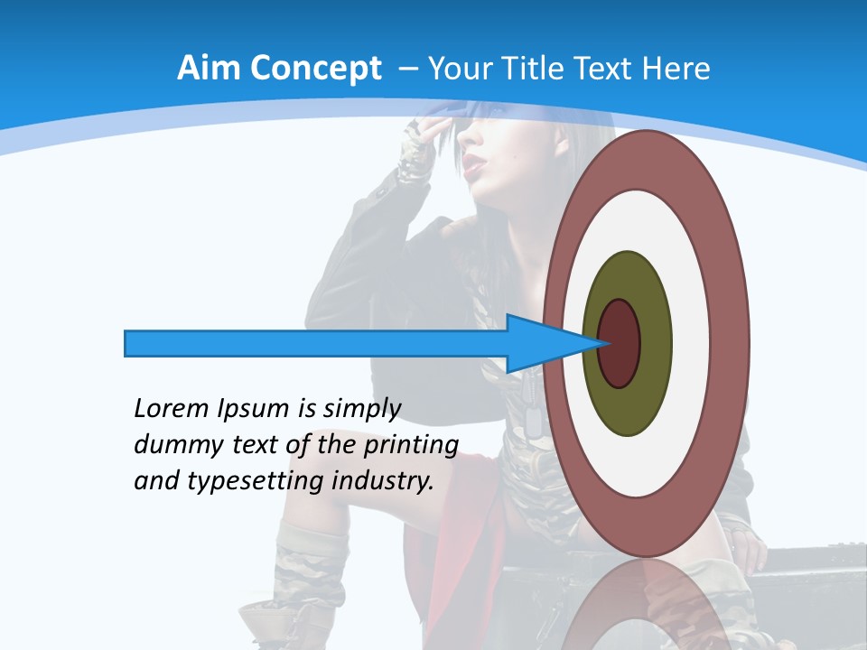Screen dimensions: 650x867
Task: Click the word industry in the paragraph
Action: [x=383, y=481]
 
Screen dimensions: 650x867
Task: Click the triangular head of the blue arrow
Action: [x=542, y=344]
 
